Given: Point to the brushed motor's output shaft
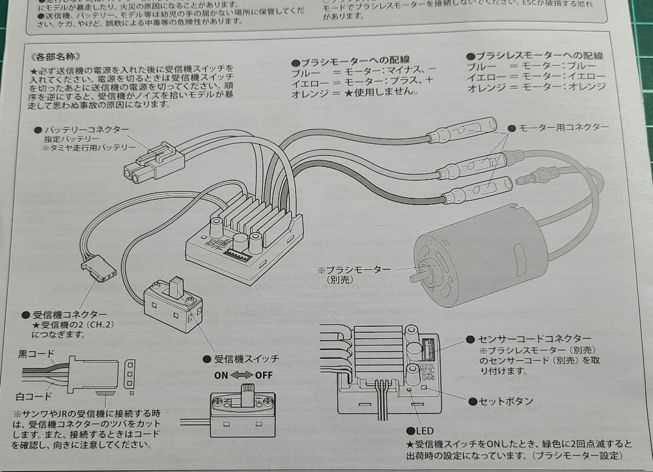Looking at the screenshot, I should pos(417,277).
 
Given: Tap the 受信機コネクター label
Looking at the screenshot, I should pos(70,315).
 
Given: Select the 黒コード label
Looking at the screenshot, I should pos(36,354).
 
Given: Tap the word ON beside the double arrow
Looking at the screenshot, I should pos(221,375).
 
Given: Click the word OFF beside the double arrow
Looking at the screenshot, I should pos(264,375).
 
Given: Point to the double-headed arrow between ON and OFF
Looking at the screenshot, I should pos(242,375).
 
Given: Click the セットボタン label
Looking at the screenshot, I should pos(505,401).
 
